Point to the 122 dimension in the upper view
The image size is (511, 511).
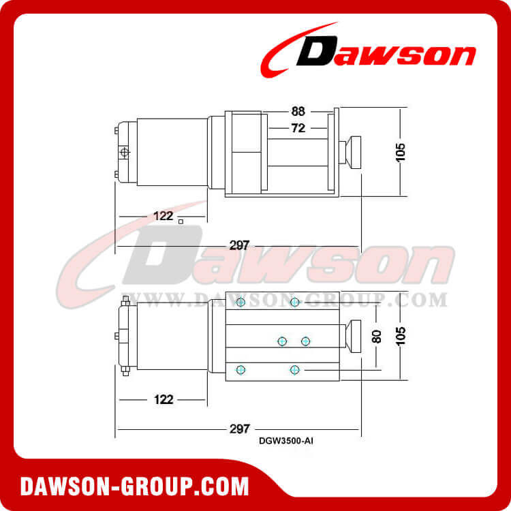[x=161, y=217]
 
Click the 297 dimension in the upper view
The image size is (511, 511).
[x=238, y=244]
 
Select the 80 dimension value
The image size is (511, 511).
[x=376, y=337]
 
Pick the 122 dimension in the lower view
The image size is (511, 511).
[x=161, y=399]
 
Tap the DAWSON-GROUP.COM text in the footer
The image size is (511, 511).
[x=134, y=486]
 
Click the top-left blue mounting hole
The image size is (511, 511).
[x=240, y=302]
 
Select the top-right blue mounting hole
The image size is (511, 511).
[x=294, y=302]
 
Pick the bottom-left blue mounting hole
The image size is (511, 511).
[x=240, y=369]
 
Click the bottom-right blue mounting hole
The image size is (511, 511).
[x=294, y=369]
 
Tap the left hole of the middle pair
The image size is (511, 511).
[x=281, y=340]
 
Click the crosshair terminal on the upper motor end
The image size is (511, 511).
[x=124, y=153]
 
